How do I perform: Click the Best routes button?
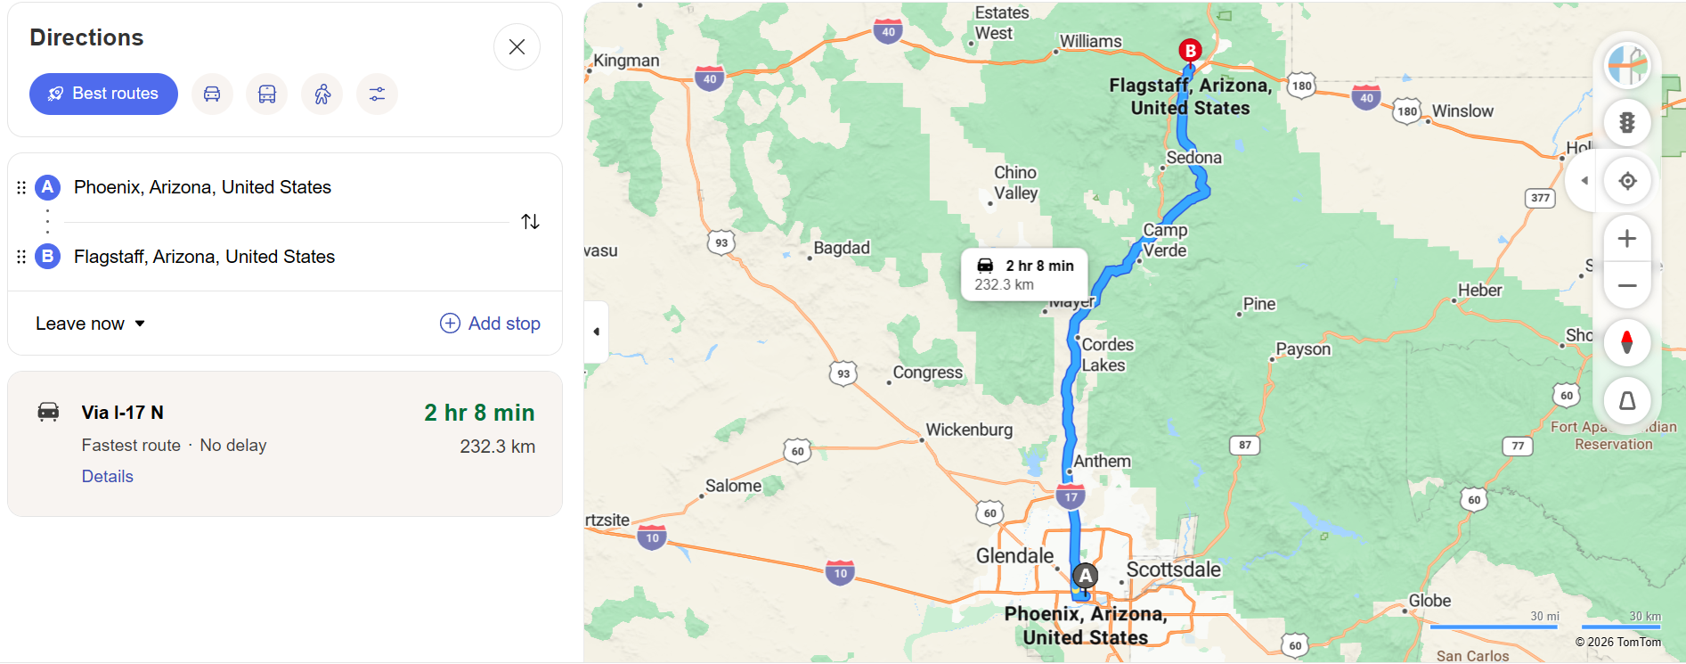coord(103,94)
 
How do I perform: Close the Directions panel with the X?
coord(517,47)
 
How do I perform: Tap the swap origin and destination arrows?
coord(530,221)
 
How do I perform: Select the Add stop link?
coord(491,324)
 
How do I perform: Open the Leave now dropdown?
coord(90,324)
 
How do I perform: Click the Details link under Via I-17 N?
coord(108,476)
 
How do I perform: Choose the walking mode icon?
coord(322,94)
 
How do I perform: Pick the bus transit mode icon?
coord(267,94)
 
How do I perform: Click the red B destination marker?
coord(1190,50)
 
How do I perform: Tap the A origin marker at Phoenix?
coord(1085,576)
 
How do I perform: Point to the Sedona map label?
coord(1194,158)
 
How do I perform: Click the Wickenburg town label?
coord(969,430)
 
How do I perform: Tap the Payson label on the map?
coord(1303,349)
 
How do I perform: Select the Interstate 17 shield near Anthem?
coord(1071,497)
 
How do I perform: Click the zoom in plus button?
coord(1626,239)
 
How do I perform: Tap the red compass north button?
coord(1626,342)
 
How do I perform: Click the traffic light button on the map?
coord(1626,123)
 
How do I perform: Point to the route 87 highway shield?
coord(1245,445)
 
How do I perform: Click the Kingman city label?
coord(626,61)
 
